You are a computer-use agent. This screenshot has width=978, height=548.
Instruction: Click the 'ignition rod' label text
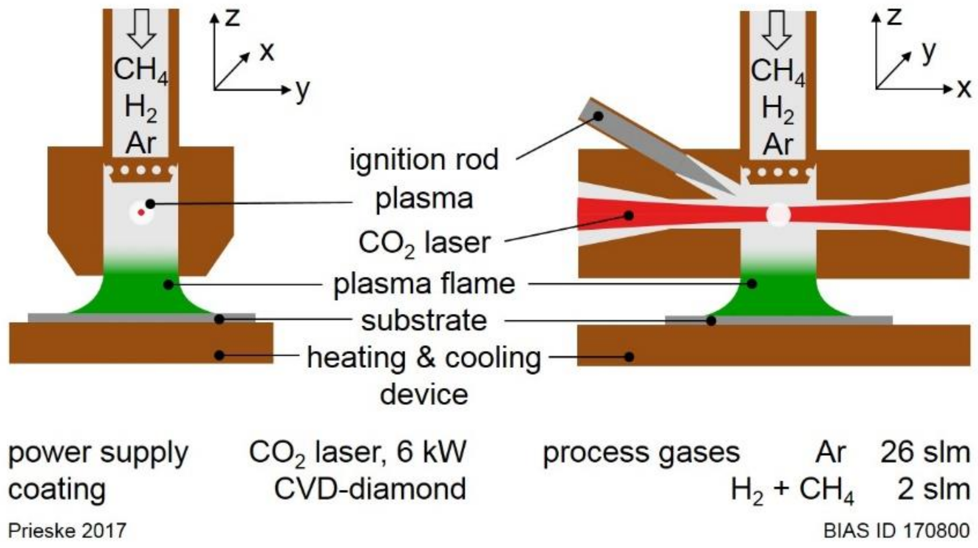[424, 160]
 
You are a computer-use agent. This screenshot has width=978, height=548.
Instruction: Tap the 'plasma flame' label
[424, 284]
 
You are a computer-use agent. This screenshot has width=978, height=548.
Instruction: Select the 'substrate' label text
[424, 320]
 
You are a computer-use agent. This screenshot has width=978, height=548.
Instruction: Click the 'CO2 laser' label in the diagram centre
[424, 243]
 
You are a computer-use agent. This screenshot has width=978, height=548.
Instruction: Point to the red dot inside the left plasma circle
[141, 212]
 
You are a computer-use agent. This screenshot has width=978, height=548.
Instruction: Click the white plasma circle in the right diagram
[778, 215]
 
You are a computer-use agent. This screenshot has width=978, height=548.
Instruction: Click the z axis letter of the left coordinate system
[232, 18]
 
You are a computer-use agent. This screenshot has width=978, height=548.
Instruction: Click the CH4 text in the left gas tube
[141, 70]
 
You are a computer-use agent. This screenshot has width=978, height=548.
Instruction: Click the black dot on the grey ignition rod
[598, 116]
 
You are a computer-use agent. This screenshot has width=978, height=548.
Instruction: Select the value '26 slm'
[925, 452]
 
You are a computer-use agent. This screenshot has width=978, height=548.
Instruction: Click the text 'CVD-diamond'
[370, 489]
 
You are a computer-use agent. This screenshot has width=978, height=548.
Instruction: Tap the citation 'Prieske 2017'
[67, 531]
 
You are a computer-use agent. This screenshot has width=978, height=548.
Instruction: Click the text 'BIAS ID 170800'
[896, 531]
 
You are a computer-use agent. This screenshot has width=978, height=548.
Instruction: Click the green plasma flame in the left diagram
[140, 293]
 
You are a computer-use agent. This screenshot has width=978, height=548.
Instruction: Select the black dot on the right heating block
[630, 356]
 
